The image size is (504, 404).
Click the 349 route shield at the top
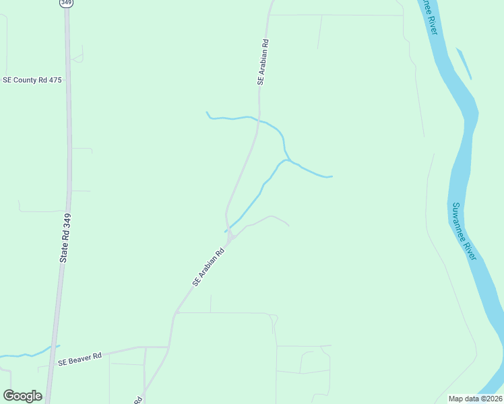[x=66, y=3]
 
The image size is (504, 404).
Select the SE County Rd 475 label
[x=32, y=80]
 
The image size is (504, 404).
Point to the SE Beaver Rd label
[x=80, y=359]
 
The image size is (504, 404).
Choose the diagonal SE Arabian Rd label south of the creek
[x=208, y=268]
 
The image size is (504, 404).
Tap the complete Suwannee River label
[x=464, y=231]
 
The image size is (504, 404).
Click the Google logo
[x=22, y=396]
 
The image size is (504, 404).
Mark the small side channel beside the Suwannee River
[x=464, y=63]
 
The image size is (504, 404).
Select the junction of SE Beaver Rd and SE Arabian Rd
[x=168, y=347]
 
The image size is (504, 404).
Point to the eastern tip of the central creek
[x=332, y=176]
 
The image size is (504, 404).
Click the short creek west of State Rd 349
[x=27, y=353]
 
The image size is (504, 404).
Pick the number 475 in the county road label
[x=55, y=80]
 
